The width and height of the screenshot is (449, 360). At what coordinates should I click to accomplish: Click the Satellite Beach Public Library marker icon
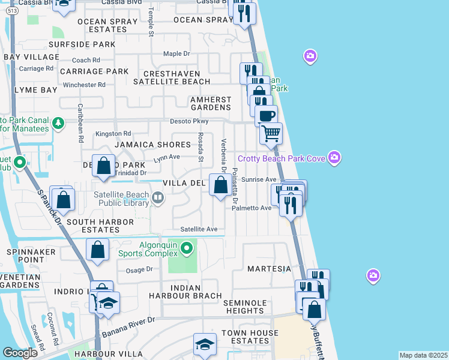[x=157, y=197]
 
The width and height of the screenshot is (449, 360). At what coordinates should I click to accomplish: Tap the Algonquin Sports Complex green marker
[x=187, y=247]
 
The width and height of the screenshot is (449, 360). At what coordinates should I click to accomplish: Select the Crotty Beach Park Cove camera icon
[x=334, y=158]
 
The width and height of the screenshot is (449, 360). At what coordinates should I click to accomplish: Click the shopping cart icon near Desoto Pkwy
[x=271, y=133]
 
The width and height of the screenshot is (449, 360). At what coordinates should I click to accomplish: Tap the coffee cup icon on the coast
[x=266, y=115]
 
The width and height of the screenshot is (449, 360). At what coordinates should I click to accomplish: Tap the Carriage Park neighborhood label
[x=94, y=71]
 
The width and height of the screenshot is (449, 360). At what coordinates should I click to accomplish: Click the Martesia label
[x=269, y=269]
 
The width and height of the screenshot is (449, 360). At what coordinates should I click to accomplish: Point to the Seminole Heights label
[x=252, y=307]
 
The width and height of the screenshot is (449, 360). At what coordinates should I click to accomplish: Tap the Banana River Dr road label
[x=128, y=326]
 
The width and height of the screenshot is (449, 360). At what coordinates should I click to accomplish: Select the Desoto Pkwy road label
[x=175, y=121]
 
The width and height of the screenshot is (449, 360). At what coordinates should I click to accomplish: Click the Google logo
[x=20, y=353]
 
